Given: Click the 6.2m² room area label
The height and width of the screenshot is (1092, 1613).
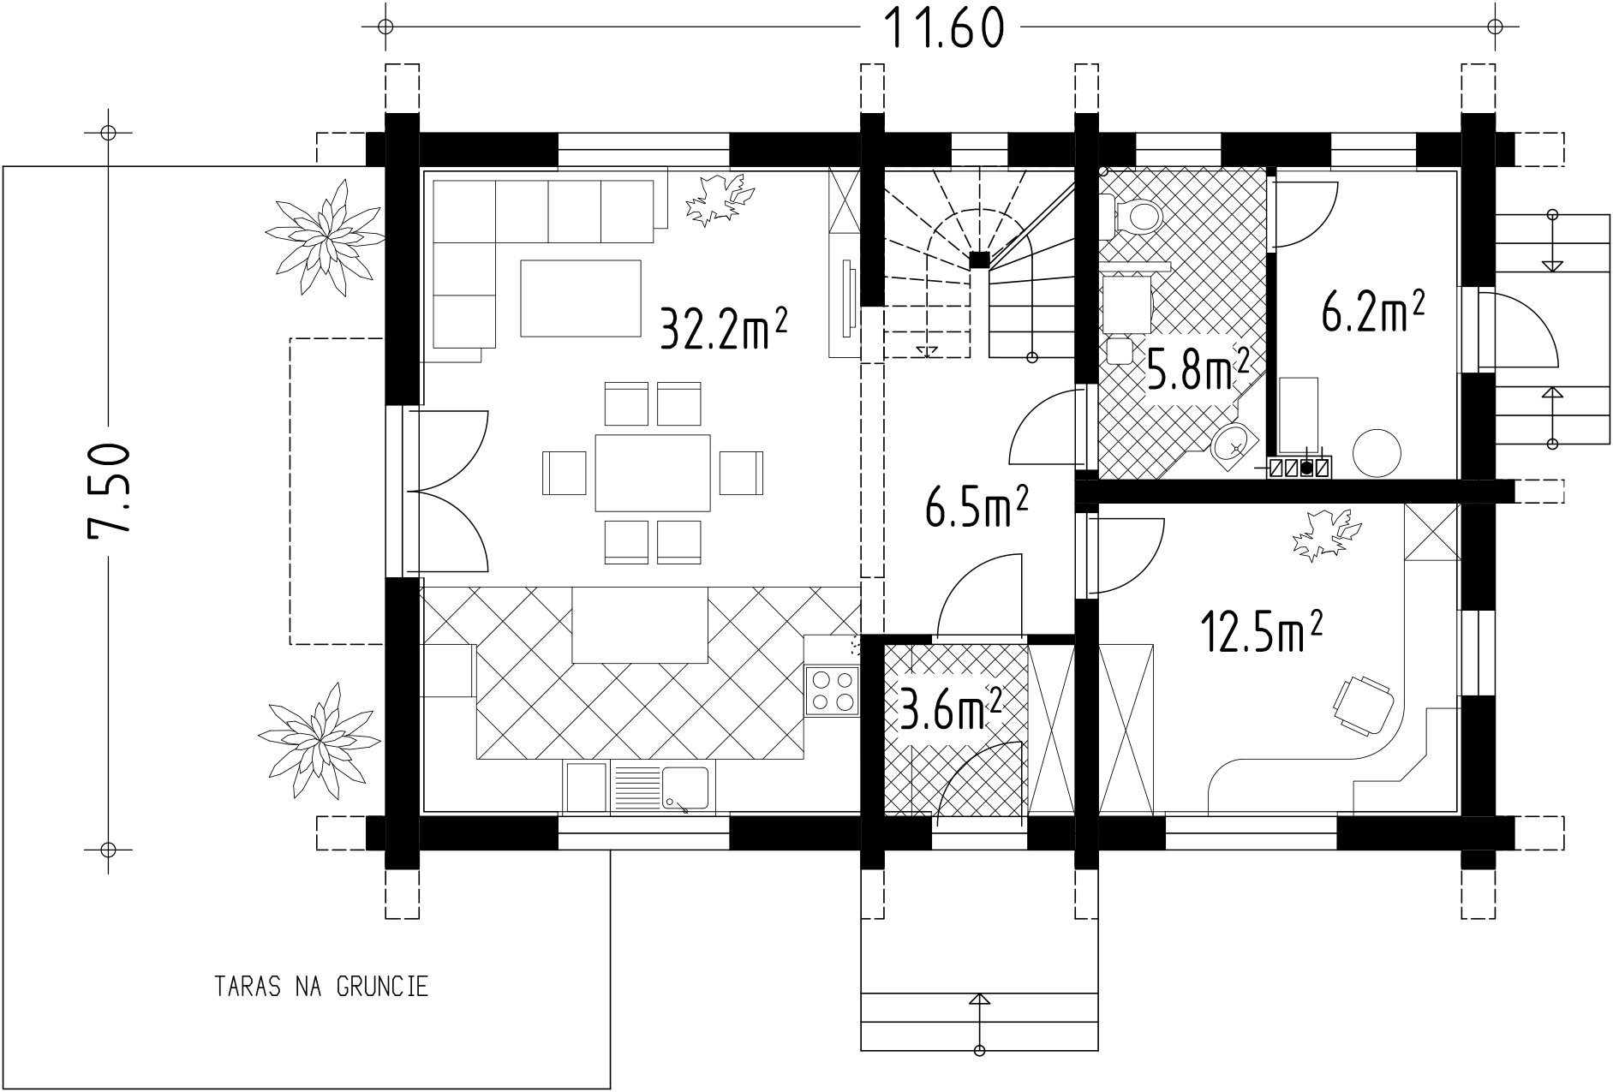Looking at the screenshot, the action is pos(1373,312).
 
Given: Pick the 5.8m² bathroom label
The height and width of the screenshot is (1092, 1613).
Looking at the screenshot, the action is pos(1197,369).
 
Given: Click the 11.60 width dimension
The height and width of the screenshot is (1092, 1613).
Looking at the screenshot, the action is pos(941,27).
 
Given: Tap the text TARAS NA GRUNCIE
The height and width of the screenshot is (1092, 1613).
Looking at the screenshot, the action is pos(321,987).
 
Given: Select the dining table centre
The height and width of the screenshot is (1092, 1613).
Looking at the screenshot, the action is pos(653,473).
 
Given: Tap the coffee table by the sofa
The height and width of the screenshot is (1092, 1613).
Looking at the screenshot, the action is pos(581,298).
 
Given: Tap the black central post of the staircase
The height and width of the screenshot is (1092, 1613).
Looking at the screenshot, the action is pos(979,260).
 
